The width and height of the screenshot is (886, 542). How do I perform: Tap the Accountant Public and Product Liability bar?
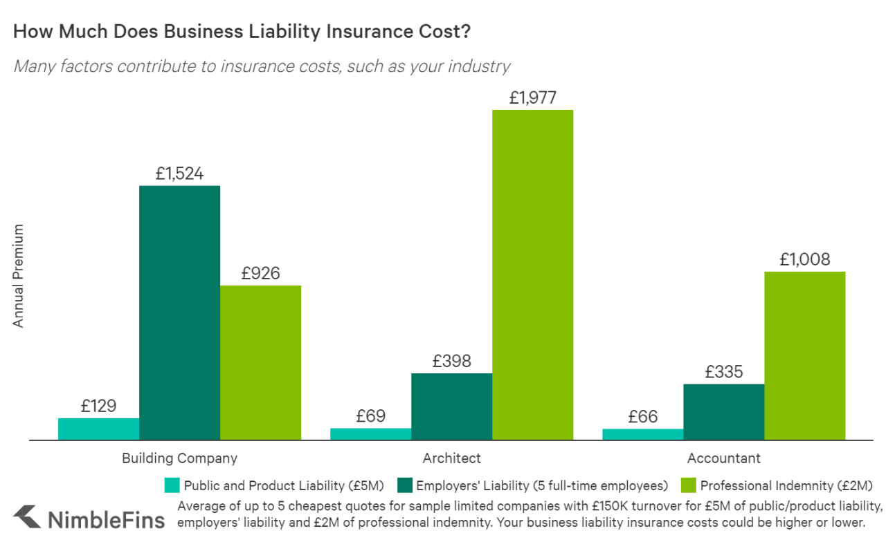coord(642,434)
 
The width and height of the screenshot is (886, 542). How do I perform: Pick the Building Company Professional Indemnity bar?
coord(260,362)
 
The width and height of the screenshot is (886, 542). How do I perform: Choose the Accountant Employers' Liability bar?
coord(723,412)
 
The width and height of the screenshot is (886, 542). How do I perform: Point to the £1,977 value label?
coord(532,97)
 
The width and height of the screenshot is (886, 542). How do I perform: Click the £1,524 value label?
coord(179,174)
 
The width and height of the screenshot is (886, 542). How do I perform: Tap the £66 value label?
coord(642,417)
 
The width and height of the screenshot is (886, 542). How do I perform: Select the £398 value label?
coord(451,361)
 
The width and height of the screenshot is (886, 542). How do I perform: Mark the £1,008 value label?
coord(804,260)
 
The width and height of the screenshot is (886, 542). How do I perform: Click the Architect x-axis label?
coord(451,458)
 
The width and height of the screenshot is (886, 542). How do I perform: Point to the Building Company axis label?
coord(179,458)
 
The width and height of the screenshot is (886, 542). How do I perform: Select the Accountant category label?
coord(723,458)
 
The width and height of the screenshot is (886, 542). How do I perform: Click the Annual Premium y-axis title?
coord(19,276)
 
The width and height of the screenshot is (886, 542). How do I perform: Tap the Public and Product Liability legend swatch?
coord(172,485)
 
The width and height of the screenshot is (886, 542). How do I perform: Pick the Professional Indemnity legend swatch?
coord(689,485)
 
